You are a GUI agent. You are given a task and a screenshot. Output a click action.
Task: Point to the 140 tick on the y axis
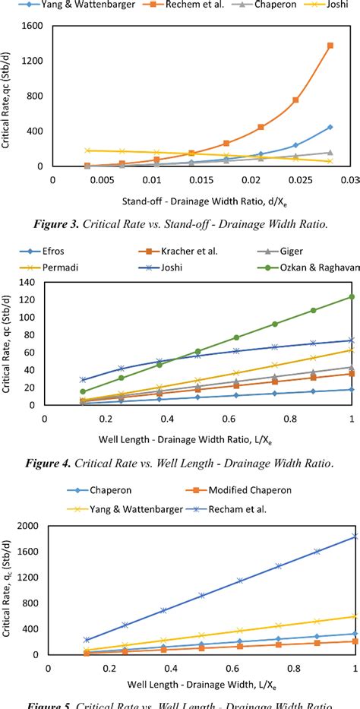[29, 283]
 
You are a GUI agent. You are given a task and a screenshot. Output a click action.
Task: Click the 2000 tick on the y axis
[26, 526]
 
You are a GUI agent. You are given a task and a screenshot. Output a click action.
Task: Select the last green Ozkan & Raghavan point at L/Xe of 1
[352, 296]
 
